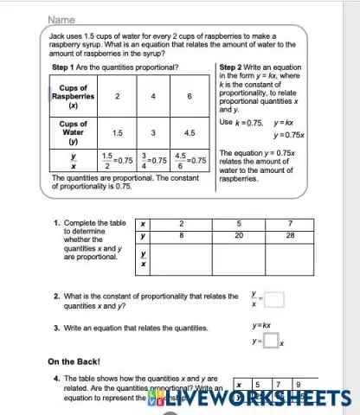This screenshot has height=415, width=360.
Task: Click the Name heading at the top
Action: point(61,18)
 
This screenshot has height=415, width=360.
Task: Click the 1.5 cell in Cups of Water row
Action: point(116,133)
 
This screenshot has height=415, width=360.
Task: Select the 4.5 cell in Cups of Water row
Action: point(189,133)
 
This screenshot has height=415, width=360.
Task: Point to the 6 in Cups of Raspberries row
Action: point(189,97)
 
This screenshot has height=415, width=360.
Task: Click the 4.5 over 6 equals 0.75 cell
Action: point(189,160)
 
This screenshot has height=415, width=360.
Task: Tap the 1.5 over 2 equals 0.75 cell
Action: point(116,160)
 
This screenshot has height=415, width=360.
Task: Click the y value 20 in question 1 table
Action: point(237,234)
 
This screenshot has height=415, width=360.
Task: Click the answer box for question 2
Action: point(273,301)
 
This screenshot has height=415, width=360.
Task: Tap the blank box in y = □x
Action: point(269,342)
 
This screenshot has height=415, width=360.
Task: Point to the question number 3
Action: point(56,329)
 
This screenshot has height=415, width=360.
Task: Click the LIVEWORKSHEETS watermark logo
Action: point(251,398)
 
